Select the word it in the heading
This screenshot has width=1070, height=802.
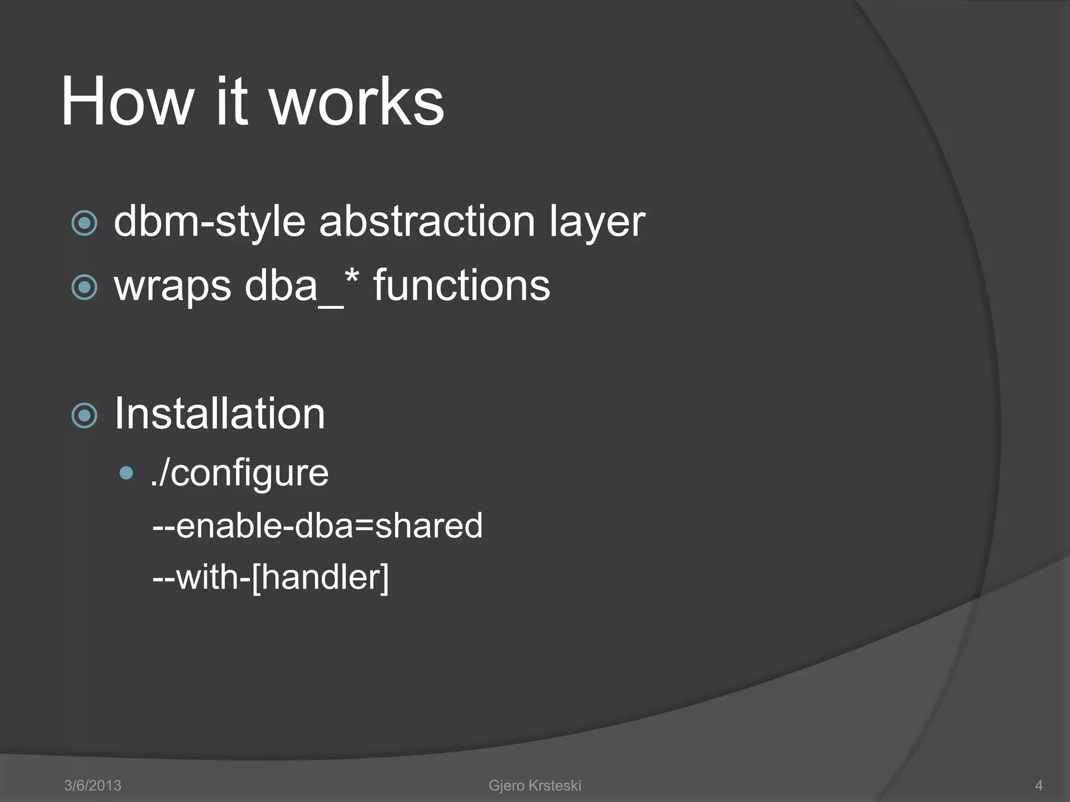click(231, 102)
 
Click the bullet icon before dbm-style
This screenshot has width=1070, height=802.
click(84, 223)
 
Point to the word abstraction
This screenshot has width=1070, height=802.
click(427, 221)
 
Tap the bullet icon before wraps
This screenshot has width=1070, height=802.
click(84, 287)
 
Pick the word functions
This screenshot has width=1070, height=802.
click(461, 286)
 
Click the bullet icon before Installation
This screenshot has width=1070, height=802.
click(84, 416)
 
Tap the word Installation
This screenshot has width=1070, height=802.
click(219, 414)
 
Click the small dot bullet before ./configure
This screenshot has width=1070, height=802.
click(126, 473)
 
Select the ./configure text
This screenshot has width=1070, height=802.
click(239, 473)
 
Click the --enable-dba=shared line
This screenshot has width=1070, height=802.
click(317, 525)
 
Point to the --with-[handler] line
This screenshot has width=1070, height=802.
click(271, 577)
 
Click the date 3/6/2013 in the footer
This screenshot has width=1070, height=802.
click(92, 785)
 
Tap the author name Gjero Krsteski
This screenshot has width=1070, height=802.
click(534, 785)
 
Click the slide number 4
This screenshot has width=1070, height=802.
click(1039, 785)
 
